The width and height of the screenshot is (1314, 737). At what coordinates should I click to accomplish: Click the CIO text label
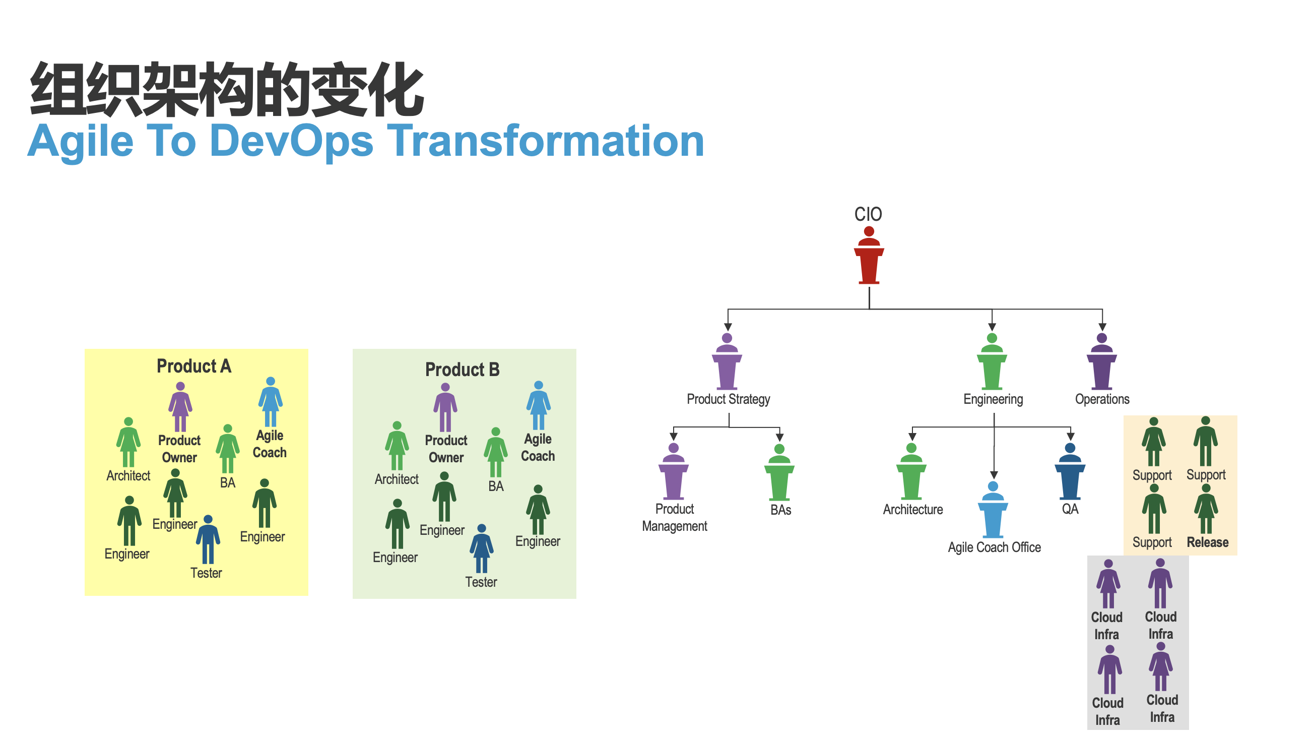click(868, 214)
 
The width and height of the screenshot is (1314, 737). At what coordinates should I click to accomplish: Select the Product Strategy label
click(728, 399)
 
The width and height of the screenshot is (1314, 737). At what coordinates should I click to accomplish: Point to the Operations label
click(1102, 399)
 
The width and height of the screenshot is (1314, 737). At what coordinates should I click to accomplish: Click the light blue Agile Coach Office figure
click(993, 510)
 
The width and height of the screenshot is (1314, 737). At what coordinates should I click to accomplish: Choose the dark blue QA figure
click(1070, 472)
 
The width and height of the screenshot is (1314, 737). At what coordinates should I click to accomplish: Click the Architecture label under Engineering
click(912, 509)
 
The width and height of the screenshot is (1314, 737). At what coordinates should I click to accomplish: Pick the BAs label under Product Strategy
click(780, 510)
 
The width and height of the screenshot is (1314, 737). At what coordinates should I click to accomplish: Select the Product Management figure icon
click(673, 472)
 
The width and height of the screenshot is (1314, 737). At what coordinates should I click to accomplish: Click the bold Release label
click(1207, 542)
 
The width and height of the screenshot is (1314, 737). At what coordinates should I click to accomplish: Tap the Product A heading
click(194, 366)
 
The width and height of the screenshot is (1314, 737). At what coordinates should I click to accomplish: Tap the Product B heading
click(462, 370)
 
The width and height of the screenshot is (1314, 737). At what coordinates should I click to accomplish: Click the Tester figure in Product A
click(208, 539)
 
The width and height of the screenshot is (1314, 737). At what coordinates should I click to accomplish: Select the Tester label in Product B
click(481, 582)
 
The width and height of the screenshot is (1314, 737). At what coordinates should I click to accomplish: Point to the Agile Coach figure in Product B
click(538, 406)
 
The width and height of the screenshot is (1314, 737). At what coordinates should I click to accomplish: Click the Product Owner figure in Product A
click(180, 407)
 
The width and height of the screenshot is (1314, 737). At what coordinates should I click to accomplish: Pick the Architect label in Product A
click(128, 476)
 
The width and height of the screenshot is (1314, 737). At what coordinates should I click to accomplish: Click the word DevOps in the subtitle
click(292, 141)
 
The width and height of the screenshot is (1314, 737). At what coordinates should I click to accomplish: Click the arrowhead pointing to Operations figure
click(1102, 327)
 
